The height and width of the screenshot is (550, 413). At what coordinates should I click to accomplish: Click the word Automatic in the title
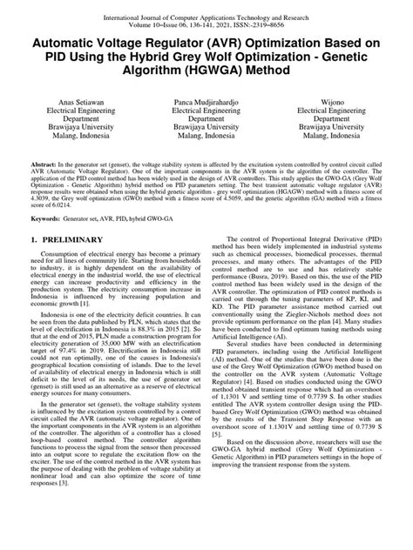(x=71, y=41)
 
